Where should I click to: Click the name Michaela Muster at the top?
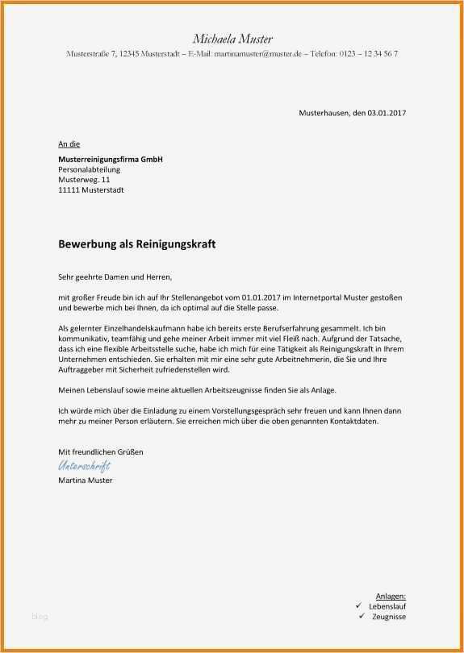pyautogui.click(x=232, y=39)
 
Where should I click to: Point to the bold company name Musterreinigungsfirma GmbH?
pyautogui.click(x=111, y=160)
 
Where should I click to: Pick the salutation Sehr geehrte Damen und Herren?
pyautogui.click(x=115, y=277)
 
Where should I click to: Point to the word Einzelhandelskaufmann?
pyautogui.click(x=143, y=329)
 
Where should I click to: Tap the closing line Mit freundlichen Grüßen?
pyautogui.click(x=100, y=452)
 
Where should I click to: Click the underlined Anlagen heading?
pyautogui.click(x=391, y=595)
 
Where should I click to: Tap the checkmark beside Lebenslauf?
pyautogui.click(x=358, y=605)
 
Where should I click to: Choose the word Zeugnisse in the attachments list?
pyautogui.click(x=388, y=617)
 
